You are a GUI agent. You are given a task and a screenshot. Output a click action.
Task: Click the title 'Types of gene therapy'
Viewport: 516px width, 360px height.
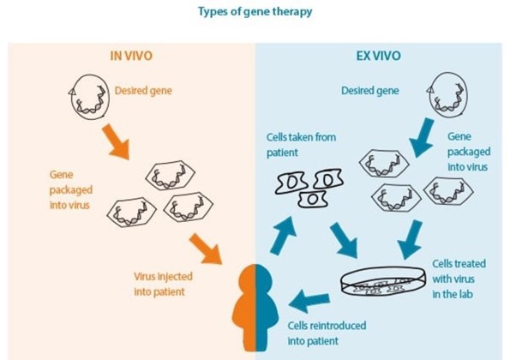(x=255, y=12)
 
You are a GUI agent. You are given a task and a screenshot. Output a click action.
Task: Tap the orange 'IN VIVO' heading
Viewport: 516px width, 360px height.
(x=131, y=56)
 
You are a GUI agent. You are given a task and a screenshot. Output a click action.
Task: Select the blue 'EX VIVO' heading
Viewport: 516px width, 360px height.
(x=379, y=56)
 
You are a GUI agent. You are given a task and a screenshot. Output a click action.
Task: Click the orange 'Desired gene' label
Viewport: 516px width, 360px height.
(x=143, y=91)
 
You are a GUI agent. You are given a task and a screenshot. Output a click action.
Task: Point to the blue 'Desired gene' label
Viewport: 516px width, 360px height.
(x=370, y=91)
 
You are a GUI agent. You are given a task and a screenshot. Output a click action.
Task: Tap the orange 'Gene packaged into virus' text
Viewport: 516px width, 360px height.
(x=71, y=190)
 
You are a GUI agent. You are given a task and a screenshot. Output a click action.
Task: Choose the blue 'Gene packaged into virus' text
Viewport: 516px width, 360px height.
(x=469, y=152)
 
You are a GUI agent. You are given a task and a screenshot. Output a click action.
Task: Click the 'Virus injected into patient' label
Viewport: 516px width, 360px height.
(x=163, y=284)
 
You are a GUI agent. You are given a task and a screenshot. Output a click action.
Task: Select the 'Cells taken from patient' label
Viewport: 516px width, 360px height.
(x=301, y=145)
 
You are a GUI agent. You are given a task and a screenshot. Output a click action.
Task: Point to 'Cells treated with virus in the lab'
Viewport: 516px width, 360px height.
(x=459, y=279)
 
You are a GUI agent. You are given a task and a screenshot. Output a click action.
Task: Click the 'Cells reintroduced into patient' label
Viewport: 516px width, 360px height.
(x=327, y=333)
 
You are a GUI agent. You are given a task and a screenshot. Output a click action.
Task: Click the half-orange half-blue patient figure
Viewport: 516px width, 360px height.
(x=255, y=308)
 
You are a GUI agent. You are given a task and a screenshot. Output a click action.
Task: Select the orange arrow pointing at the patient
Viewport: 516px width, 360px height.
(x=206, y=249)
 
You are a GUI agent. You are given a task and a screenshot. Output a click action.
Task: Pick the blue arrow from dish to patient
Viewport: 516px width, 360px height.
(x=309, y=300)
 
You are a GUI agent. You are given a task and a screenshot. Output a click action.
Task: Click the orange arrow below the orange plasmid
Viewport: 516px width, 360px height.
(x=116, y=141)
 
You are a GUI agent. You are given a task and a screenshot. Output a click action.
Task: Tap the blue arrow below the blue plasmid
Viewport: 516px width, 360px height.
(x=422, y=137)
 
